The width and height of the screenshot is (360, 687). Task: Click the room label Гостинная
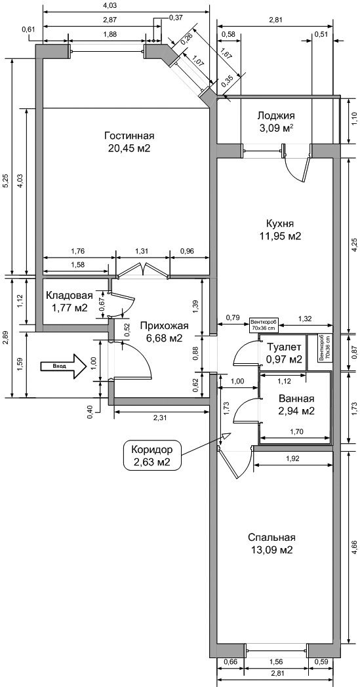click(129, 136)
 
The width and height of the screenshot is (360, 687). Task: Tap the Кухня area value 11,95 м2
click(280, 236)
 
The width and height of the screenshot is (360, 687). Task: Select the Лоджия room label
click(276, 116)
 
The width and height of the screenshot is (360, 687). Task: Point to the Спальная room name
click(271, 538)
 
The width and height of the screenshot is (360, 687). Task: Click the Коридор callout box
click(151, 455)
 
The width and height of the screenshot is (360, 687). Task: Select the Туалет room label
click(284, 348)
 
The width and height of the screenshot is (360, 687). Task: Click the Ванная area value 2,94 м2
click(297, 411)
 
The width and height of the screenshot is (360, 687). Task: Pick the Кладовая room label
click(70, 295)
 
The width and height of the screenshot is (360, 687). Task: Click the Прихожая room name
click(164, 326)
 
